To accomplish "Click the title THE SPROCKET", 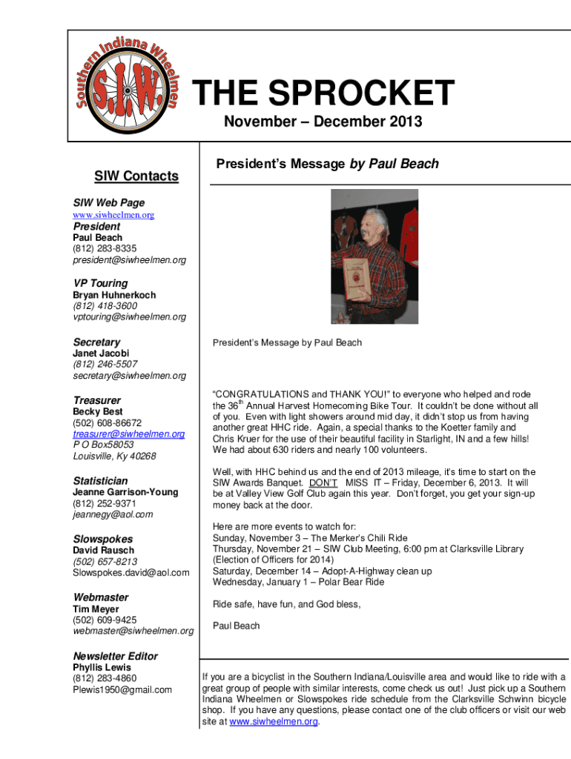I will (x=323, y=94).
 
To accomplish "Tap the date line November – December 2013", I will (x=323, y=122).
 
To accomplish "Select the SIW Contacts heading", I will (x=136, y=176).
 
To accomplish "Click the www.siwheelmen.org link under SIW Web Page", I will (x=113, y=215).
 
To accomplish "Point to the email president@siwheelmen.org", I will (x=129, y=260).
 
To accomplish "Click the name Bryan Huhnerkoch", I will (x=114, y=295).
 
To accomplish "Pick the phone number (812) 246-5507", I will (x=105, y=364).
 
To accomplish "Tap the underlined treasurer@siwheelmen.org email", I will (x=128, y=434).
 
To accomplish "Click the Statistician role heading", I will (x=100, y=480).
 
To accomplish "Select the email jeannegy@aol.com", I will (x=113, y=514).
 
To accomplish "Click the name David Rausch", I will (x=103, y=550).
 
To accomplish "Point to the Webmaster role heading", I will (x=101, y=597).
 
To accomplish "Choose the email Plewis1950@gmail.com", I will (x=122, y=689).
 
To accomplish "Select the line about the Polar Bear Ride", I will (x=298, y=582).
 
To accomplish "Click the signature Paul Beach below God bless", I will (x=236, y=626).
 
